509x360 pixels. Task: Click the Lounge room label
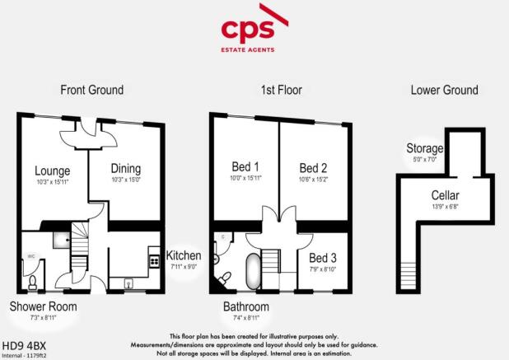pos(53,171)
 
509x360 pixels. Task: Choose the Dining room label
pos(126,171)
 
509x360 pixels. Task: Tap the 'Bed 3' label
pos(322,257)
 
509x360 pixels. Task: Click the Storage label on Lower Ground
pos(425,148)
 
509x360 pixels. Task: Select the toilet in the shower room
pos(31,283)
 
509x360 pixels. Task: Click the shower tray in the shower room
pos(58,240)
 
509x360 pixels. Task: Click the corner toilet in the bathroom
pos(220,278)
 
